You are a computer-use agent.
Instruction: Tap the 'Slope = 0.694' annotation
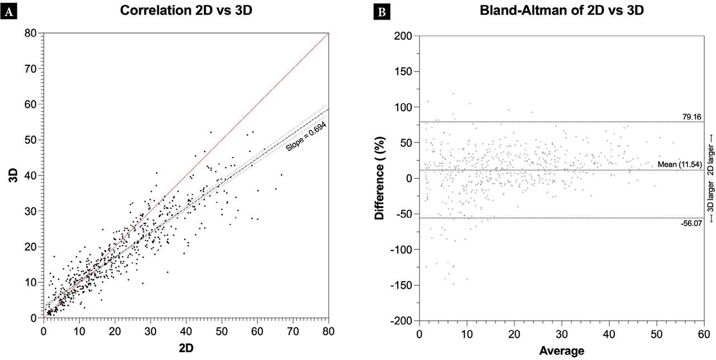(306, 137)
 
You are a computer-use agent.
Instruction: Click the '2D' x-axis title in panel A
(186, 347)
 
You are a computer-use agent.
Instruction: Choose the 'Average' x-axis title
(561, 351)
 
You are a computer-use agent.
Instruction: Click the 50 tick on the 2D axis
(222, 330)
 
